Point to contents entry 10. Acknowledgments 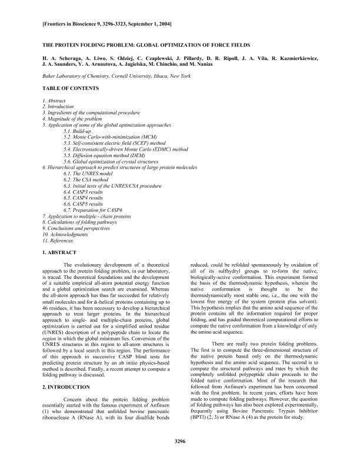tap(65, 234)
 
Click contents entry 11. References tap(56, 240)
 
